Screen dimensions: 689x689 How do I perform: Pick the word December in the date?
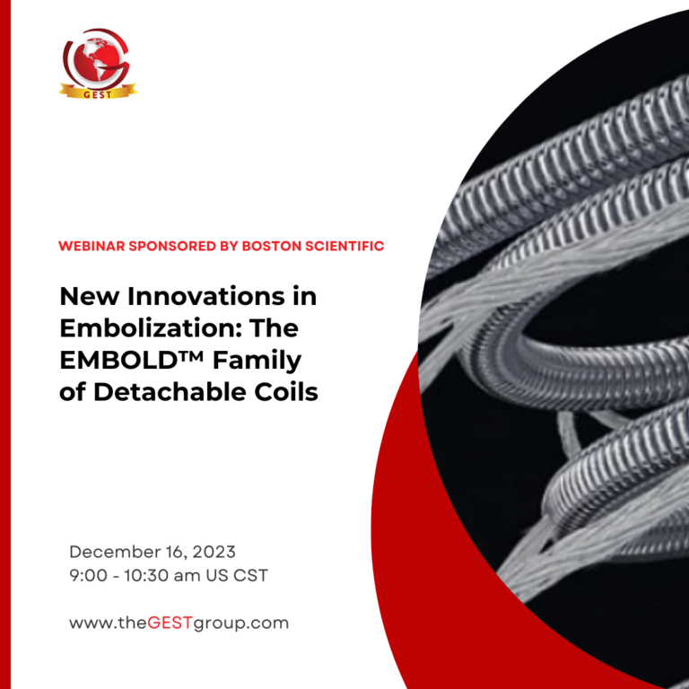pos(112,552)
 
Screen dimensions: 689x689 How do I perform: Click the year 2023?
pos(214,552)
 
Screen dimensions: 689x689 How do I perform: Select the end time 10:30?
pos(145,576)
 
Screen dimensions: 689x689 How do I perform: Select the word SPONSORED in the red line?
pos(168,245)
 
